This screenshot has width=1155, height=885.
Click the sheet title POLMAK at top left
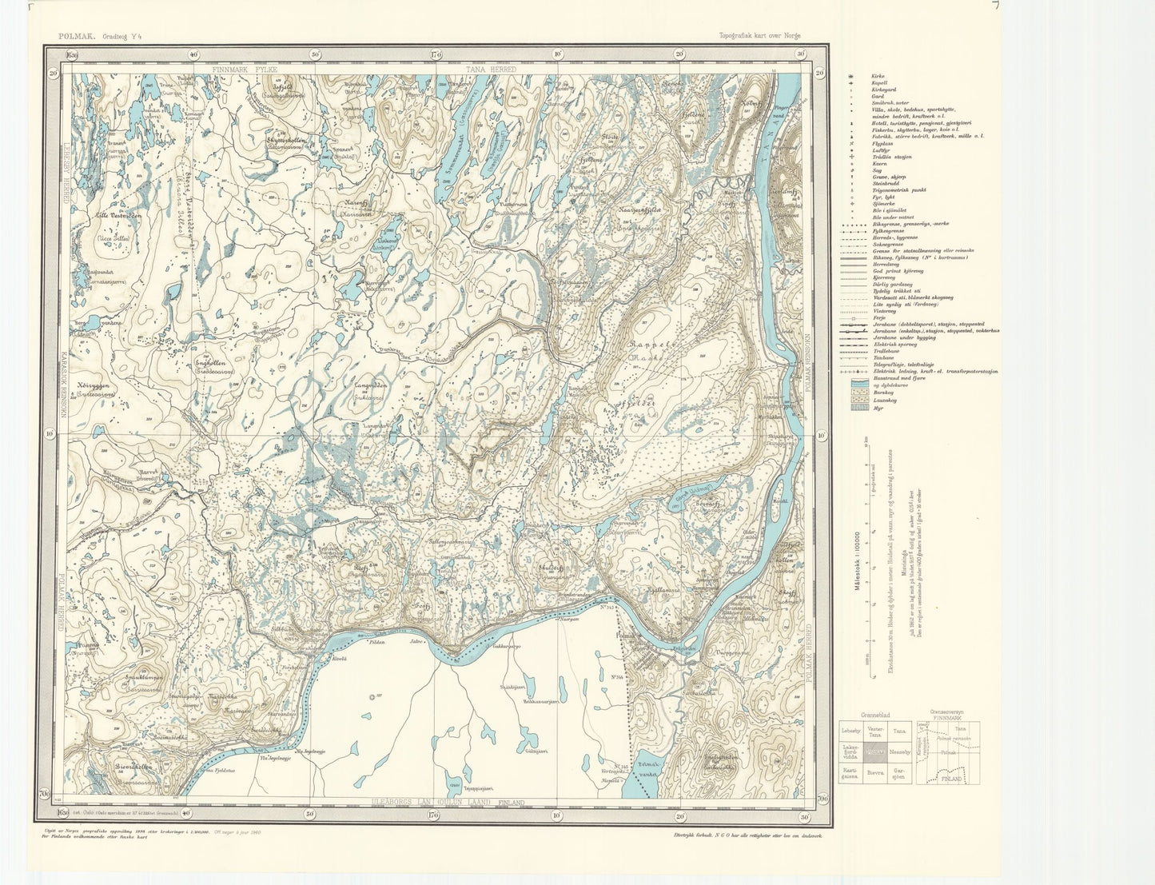(77, 35)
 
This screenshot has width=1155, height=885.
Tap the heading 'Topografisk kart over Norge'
(759, 36)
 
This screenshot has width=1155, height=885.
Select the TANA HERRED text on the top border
(491, 70)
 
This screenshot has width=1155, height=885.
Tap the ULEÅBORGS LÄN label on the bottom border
(408, 802)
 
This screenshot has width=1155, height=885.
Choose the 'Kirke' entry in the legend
(878, 75)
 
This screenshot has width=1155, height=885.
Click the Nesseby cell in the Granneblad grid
(901, 752)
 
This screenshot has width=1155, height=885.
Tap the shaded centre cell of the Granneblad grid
(876, 752)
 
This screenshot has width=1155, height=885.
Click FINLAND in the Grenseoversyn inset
(950, 778)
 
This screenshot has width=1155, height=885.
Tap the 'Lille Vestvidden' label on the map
(118, 215)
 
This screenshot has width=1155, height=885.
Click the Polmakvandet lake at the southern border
(649, 776)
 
